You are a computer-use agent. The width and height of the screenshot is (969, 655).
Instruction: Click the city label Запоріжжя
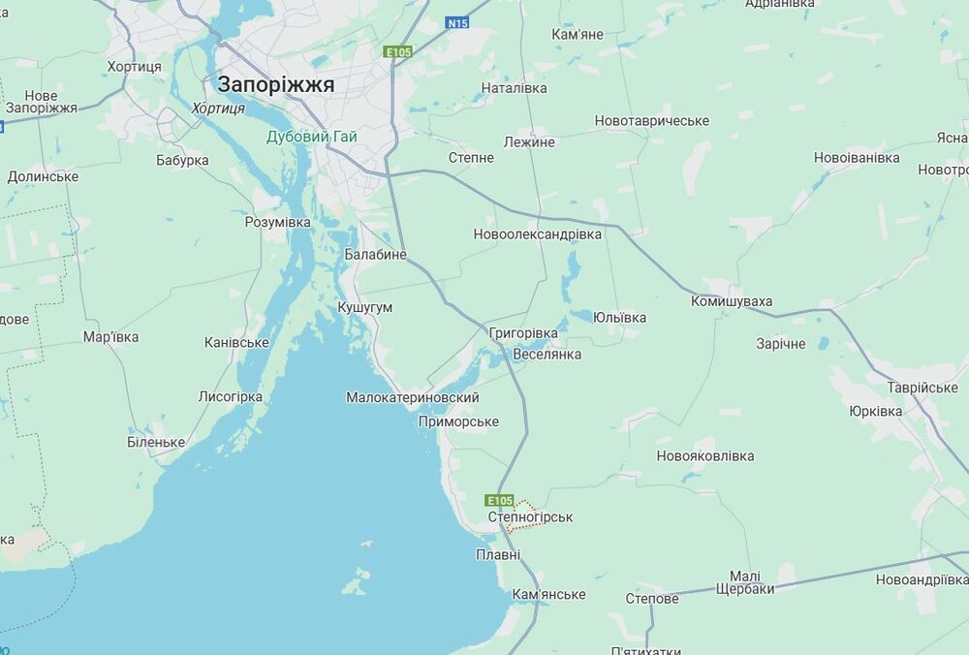coord(276,84)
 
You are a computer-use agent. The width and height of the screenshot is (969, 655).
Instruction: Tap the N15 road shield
coord(457,22)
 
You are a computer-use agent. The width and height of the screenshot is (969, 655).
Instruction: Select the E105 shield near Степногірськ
coord(500,500)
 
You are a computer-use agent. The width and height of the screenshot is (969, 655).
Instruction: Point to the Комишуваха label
coord(732,301)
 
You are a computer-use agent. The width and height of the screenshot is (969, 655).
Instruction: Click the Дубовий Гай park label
coord(312,137)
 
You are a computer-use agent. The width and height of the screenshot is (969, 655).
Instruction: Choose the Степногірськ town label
coord(530,517)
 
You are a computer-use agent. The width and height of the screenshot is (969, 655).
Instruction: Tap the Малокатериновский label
coord(413,397)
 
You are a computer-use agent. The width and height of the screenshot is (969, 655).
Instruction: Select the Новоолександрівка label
coord(538,234)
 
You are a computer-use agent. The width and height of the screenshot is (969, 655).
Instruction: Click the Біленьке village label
coord(156,442)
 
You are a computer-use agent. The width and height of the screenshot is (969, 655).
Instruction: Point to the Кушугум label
coord(365,307)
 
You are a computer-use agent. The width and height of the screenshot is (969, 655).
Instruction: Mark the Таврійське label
coord(922,388)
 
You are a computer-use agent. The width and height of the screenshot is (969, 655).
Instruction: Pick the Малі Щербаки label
coord(745,582)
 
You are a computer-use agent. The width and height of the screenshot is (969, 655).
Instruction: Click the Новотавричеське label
coord(652,121)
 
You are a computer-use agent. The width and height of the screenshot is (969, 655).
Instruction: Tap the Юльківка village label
coord(620,318)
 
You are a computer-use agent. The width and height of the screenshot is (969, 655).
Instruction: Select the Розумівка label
coord(277,223)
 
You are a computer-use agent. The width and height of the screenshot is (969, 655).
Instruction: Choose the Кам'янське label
coord(549,594)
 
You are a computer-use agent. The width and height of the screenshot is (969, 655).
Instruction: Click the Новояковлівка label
coord(705,455)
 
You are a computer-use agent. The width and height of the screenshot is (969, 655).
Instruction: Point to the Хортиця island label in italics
coord(219,109)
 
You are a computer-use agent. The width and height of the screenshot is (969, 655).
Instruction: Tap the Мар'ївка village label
coord(110,337)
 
